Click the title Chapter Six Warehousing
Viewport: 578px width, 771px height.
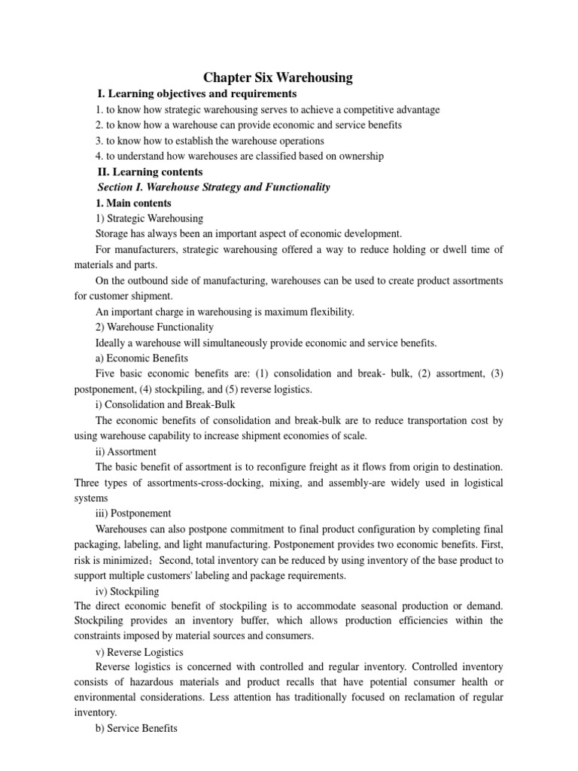278,78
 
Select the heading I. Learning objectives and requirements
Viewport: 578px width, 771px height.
197,94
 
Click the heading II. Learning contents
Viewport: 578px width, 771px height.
156,172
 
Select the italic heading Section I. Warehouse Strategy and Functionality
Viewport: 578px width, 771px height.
214,187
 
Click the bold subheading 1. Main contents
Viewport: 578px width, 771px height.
134,203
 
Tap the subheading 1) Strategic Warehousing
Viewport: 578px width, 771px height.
150,218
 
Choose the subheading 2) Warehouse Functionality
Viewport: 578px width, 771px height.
155,328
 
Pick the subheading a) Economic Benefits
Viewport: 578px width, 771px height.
142,358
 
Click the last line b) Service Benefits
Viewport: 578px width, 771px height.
137,730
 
